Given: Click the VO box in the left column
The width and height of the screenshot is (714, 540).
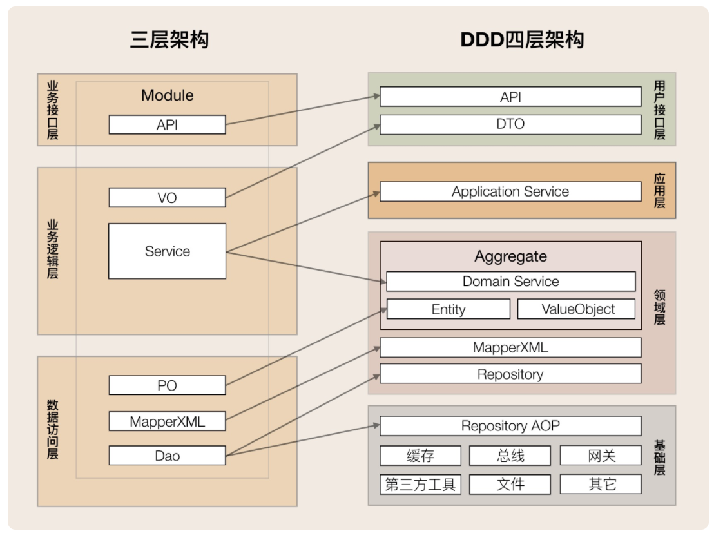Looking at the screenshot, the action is point(167,198).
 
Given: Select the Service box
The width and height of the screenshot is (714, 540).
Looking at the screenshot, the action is point(167,251).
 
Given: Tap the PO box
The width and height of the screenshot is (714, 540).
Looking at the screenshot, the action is point(167,385).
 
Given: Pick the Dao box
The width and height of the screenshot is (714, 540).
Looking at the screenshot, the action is point(167,456).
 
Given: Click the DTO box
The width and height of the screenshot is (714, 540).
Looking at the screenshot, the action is point(510,124).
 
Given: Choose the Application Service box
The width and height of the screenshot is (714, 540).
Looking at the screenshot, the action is point(510,191).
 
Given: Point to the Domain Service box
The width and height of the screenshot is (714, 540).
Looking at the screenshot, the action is point(511,282).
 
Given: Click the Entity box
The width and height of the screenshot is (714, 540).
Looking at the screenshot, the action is point(449,309).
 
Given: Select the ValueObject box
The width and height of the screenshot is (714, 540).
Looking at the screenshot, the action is point(577,309).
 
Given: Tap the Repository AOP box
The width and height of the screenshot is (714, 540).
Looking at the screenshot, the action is point(510,426).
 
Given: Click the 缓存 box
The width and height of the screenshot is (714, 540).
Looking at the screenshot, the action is point(420,456).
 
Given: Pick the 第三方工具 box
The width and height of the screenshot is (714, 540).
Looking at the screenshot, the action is point(420,485).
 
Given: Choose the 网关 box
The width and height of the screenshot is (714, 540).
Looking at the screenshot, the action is point(601,456).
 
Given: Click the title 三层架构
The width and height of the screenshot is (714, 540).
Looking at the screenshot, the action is point(169,39).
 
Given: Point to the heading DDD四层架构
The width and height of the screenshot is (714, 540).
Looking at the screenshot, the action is point(522,39).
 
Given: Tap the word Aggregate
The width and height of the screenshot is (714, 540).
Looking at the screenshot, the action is point(510,256).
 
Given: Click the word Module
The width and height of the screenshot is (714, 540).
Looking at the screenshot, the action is point(167,95).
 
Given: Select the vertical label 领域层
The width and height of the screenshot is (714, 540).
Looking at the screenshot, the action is point(659,307).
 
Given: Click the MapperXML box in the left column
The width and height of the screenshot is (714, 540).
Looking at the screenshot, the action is point(167,421).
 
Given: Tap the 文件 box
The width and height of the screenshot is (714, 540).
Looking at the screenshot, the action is point(510,485).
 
